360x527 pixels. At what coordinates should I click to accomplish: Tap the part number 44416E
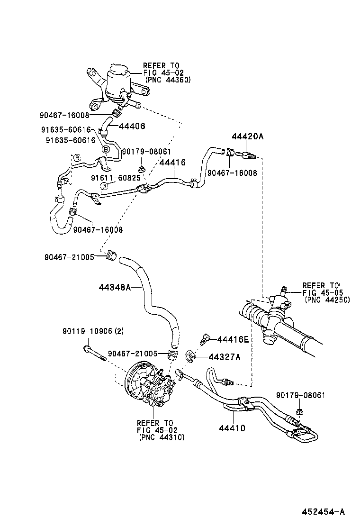233,339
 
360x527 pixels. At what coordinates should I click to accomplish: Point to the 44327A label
224,357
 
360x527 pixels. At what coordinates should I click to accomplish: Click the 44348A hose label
115,287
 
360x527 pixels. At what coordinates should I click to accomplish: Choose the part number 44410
232,428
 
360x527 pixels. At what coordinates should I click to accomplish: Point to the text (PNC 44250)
327,300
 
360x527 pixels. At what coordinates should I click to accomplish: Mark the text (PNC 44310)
162,437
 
